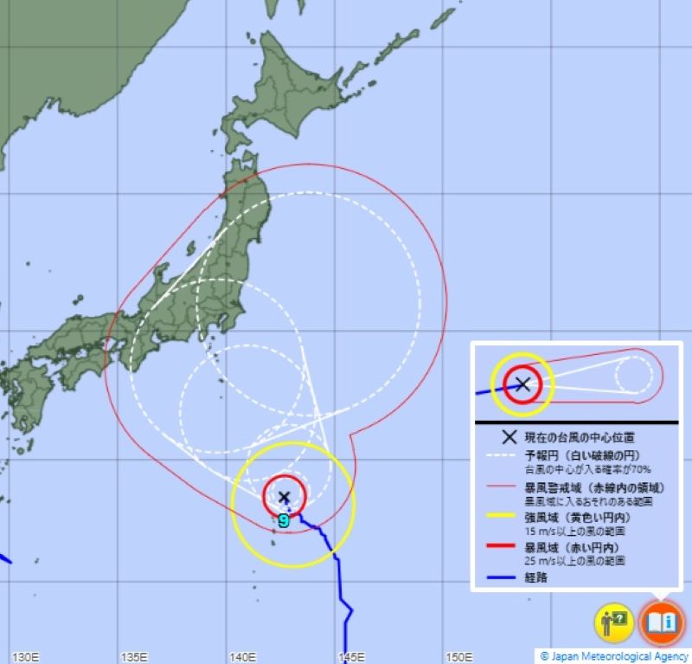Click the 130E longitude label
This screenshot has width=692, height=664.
tap(28, 656)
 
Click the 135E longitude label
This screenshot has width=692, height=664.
tap(136, 656)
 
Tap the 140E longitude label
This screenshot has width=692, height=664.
tap(243, 656)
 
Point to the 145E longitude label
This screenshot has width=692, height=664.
tap(351, 656)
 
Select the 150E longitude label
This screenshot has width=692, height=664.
tap(458, 656)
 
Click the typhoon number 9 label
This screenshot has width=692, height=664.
tap(284, 521)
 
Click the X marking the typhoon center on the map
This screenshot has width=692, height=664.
tap(284, 496)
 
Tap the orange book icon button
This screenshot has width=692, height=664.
tap(662, 622)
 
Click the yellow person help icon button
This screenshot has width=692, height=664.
tap(613, 622)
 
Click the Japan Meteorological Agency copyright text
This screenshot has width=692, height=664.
tap(614, 656)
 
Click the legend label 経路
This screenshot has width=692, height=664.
tap(535, 577)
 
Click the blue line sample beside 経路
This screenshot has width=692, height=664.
tap(500, 577)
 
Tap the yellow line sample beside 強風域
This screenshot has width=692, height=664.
tap(500, 518)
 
